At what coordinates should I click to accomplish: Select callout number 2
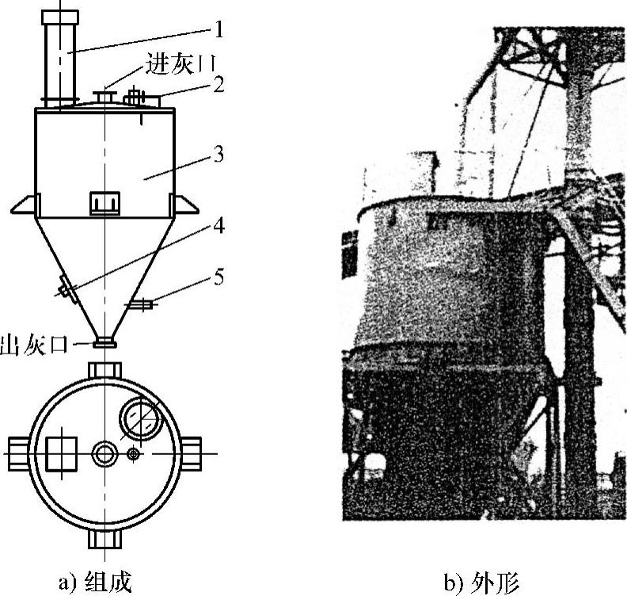pos(218,85)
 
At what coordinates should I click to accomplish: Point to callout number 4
pos(217,228)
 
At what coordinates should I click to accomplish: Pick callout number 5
pos(218,277)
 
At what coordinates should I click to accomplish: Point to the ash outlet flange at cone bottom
pos(104,343)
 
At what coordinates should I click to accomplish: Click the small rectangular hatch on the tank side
pos(104,203)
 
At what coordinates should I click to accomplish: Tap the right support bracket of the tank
pos(184,205)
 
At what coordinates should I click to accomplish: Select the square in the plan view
pos(63,454)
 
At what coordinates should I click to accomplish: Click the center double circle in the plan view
pos(104,454)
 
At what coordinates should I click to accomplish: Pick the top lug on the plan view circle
pos(104,370)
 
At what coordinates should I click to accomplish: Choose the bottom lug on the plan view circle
pos(104,539)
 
